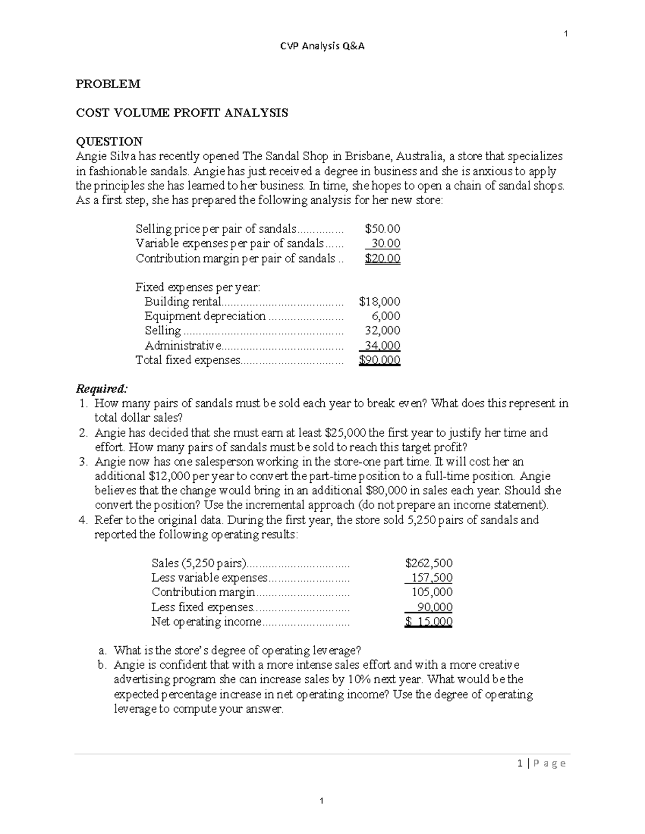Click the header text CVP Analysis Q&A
pyautogui.click(x=322, y=46)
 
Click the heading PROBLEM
pyautogui.click(x=108, y=84)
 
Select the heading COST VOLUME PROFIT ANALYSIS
pyautogui.click(x=182, y=113)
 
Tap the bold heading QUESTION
pyautogui.click(x=109, y=141)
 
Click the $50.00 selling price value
pyautogui.click(x=382, y=229)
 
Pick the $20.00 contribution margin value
pyautogui.click(x=382, y=258)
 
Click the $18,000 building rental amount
pyautogui.click(x=379, y=302)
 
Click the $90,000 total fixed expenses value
pyautogui.click(x=379, y=360)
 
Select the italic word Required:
pyautogui.click(x=102, y=388)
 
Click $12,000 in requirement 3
pyautogui.click(x=168, y=476)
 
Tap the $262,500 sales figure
pyautogui.click(x=428, y=563)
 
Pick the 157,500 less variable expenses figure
pyautogui.click(x=432, y=578)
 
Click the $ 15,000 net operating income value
pyautogui.click(x=428, y=622)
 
